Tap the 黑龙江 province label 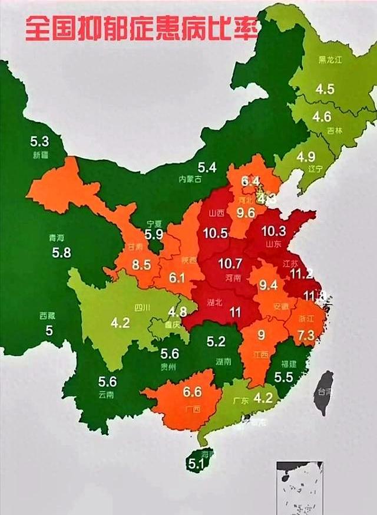(330, 60)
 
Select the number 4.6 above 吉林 (322, 116)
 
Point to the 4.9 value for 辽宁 (306, 157)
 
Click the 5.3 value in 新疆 (39, 141)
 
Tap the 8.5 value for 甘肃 (141, 266)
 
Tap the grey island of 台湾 (323, 393)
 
